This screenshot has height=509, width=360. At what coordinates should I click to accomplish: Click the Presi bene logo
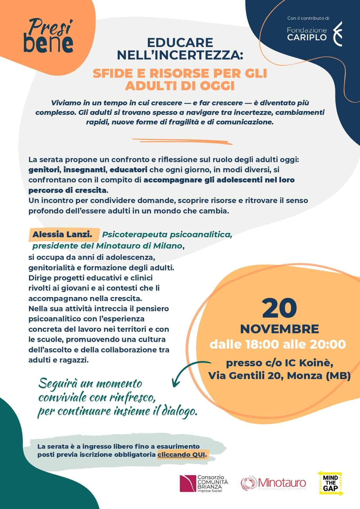(48, 36)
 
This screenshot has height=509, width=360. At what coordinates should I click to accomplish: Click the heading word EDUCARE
(180, 43)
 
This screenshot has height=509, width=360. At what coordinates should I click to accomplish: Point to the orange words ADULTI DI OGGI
(180, 86)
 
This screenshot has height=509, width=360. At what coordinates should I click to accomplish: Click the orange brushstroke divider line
(182, 141)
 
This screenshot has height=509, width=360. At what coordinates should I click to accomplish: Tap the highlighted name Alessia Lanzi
(62, 234)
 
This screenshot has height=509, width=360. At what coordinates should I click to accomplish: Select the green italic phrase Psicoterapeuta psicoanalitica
(167, 234)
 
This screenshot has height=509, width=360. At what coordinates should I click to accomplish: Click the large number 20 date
(279, 308)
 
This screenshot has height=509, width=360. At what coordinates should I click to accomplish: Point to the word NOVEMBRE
(279, 329)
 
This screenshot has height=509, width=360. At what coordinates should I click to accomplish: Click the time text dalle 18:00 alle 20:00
(278, 344)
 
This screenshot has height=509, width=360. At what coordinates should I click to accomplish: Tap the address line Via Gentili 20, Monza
(279, 376)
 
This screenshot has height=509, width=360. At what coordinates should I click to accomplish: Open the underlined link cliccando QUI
(182, 454)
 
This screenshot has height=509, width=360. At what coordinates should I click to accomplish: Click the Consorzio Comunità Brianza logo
(204, 483)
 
